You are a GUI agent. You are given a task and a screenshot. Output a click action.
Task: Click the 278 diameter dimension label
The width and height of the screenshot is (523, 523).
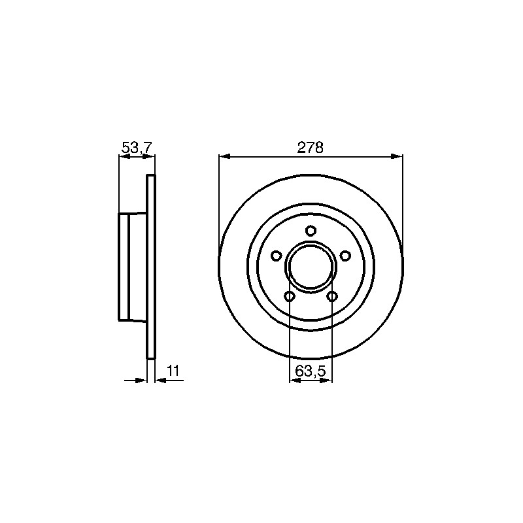tap(310, 148)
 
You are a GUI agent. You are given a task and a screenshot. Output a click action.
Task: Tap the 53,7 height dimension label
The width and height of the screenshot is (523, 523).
tap(137, 147)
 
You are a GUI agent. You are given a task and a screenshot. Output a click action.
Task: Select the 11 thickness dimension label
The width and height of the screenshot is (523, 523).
tap(173, 371)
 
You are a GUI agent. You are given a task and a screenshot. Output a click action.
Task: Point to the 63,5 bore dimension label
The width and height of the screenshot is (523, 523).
tap(310, 371)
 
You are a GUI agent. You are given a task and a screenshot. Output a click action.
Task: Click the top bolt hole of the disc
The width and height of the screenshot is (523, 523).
tap(311, 231)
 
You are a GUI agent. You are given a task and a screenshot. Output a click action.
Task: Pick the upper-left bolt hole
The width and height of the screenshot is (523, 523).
tap(276, 256)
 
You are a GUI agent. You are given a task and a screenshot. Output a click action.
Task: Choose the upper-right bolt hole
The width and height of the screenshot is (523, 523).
tap(345, 256)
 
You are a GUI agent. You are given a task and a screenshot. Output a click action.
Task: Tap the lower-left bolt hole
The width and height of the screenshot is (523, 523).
tap(289, 296)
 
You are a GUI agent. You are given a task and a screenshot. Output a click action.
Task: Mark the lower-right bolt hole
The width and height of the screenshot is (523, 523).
tap(332, 296)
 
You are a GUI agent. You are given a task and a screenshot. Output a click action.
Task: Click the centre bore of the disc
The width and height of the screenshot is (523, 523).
tap(311, 266)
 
